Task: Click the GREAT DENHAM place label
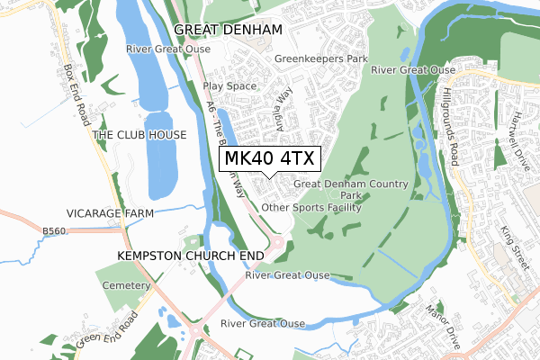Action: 228,30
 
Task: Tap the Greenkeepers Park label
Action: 321,59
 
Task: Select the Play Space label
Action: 229,86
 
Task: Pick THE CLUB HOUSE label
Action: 139,135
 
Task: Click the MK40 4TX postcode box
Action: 268,158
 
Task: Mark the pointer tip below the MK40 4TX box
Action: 268,177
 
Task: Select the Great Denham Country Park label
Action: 351,189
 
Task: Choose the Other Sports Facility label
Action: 310,208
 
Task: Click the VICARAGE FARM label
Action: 110,213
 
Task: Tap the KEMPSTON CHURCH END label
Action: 190,256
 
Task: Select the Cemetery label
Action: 125,285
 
